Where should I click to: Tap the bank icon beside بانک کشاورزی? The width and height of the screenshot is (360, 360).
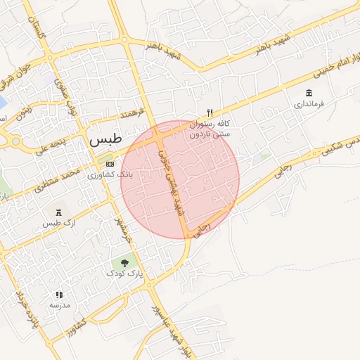click(109, 164)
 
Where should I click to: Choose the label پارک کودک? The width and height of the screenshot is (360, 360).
click(125, 275)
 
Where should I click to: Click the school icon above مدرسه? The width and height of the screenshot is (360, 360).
click(59, 295)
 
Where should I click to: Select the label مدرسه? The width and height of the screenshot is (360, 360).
click(59, 306)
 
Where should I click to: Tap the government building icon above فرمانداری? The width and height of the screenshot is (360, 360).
click(309, 93)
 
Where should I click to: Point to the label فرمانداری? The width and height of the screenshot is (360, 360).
click(309, 105)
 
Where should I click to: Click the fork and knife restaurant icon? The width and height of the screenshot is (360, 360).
click(210, 112)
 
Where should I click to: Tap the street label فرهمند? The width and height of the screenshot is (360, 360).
click(131, 113)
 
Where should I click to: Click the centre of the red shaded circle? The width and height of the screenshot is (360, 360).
click(180, 179)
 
